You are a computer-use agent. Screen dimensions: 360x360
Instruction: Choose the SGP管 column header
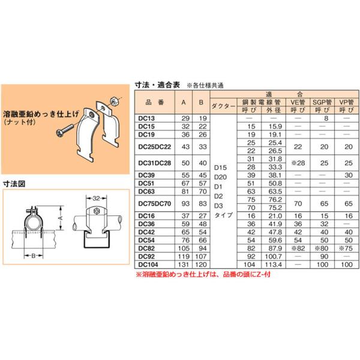(x=323, y=103)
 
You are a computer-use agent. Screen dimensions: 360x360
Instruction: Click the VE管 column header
(x=298, y=103)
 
